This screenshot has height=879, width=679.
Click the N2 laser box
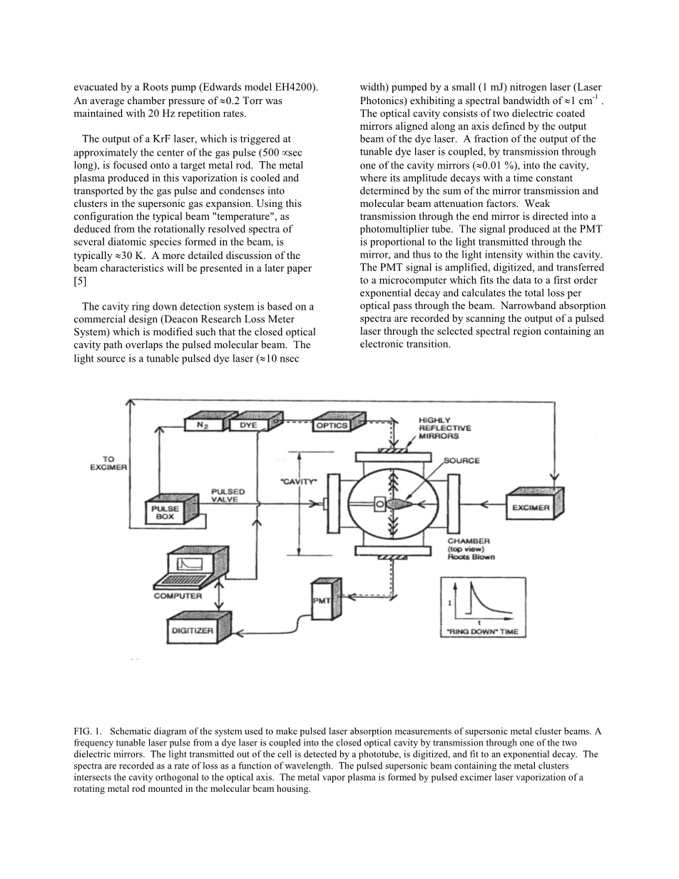203,425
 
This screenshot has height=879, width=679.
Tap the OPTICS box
332,425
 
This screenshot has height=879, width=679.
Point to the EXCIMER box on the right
532,507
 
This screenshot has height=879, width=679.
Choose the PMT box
322,601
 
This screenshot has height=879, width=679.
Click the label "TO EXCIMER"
108,463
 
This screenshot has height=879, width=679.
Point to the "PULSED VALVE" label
228,496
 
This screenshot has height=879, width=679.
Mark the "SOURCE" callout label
461,461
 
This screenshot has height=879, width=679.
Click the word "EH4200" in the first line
295,87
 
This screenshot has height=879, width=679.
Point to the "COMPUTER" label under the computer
178,596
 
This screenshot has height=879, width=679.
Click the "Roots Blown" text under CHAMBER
471,557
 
